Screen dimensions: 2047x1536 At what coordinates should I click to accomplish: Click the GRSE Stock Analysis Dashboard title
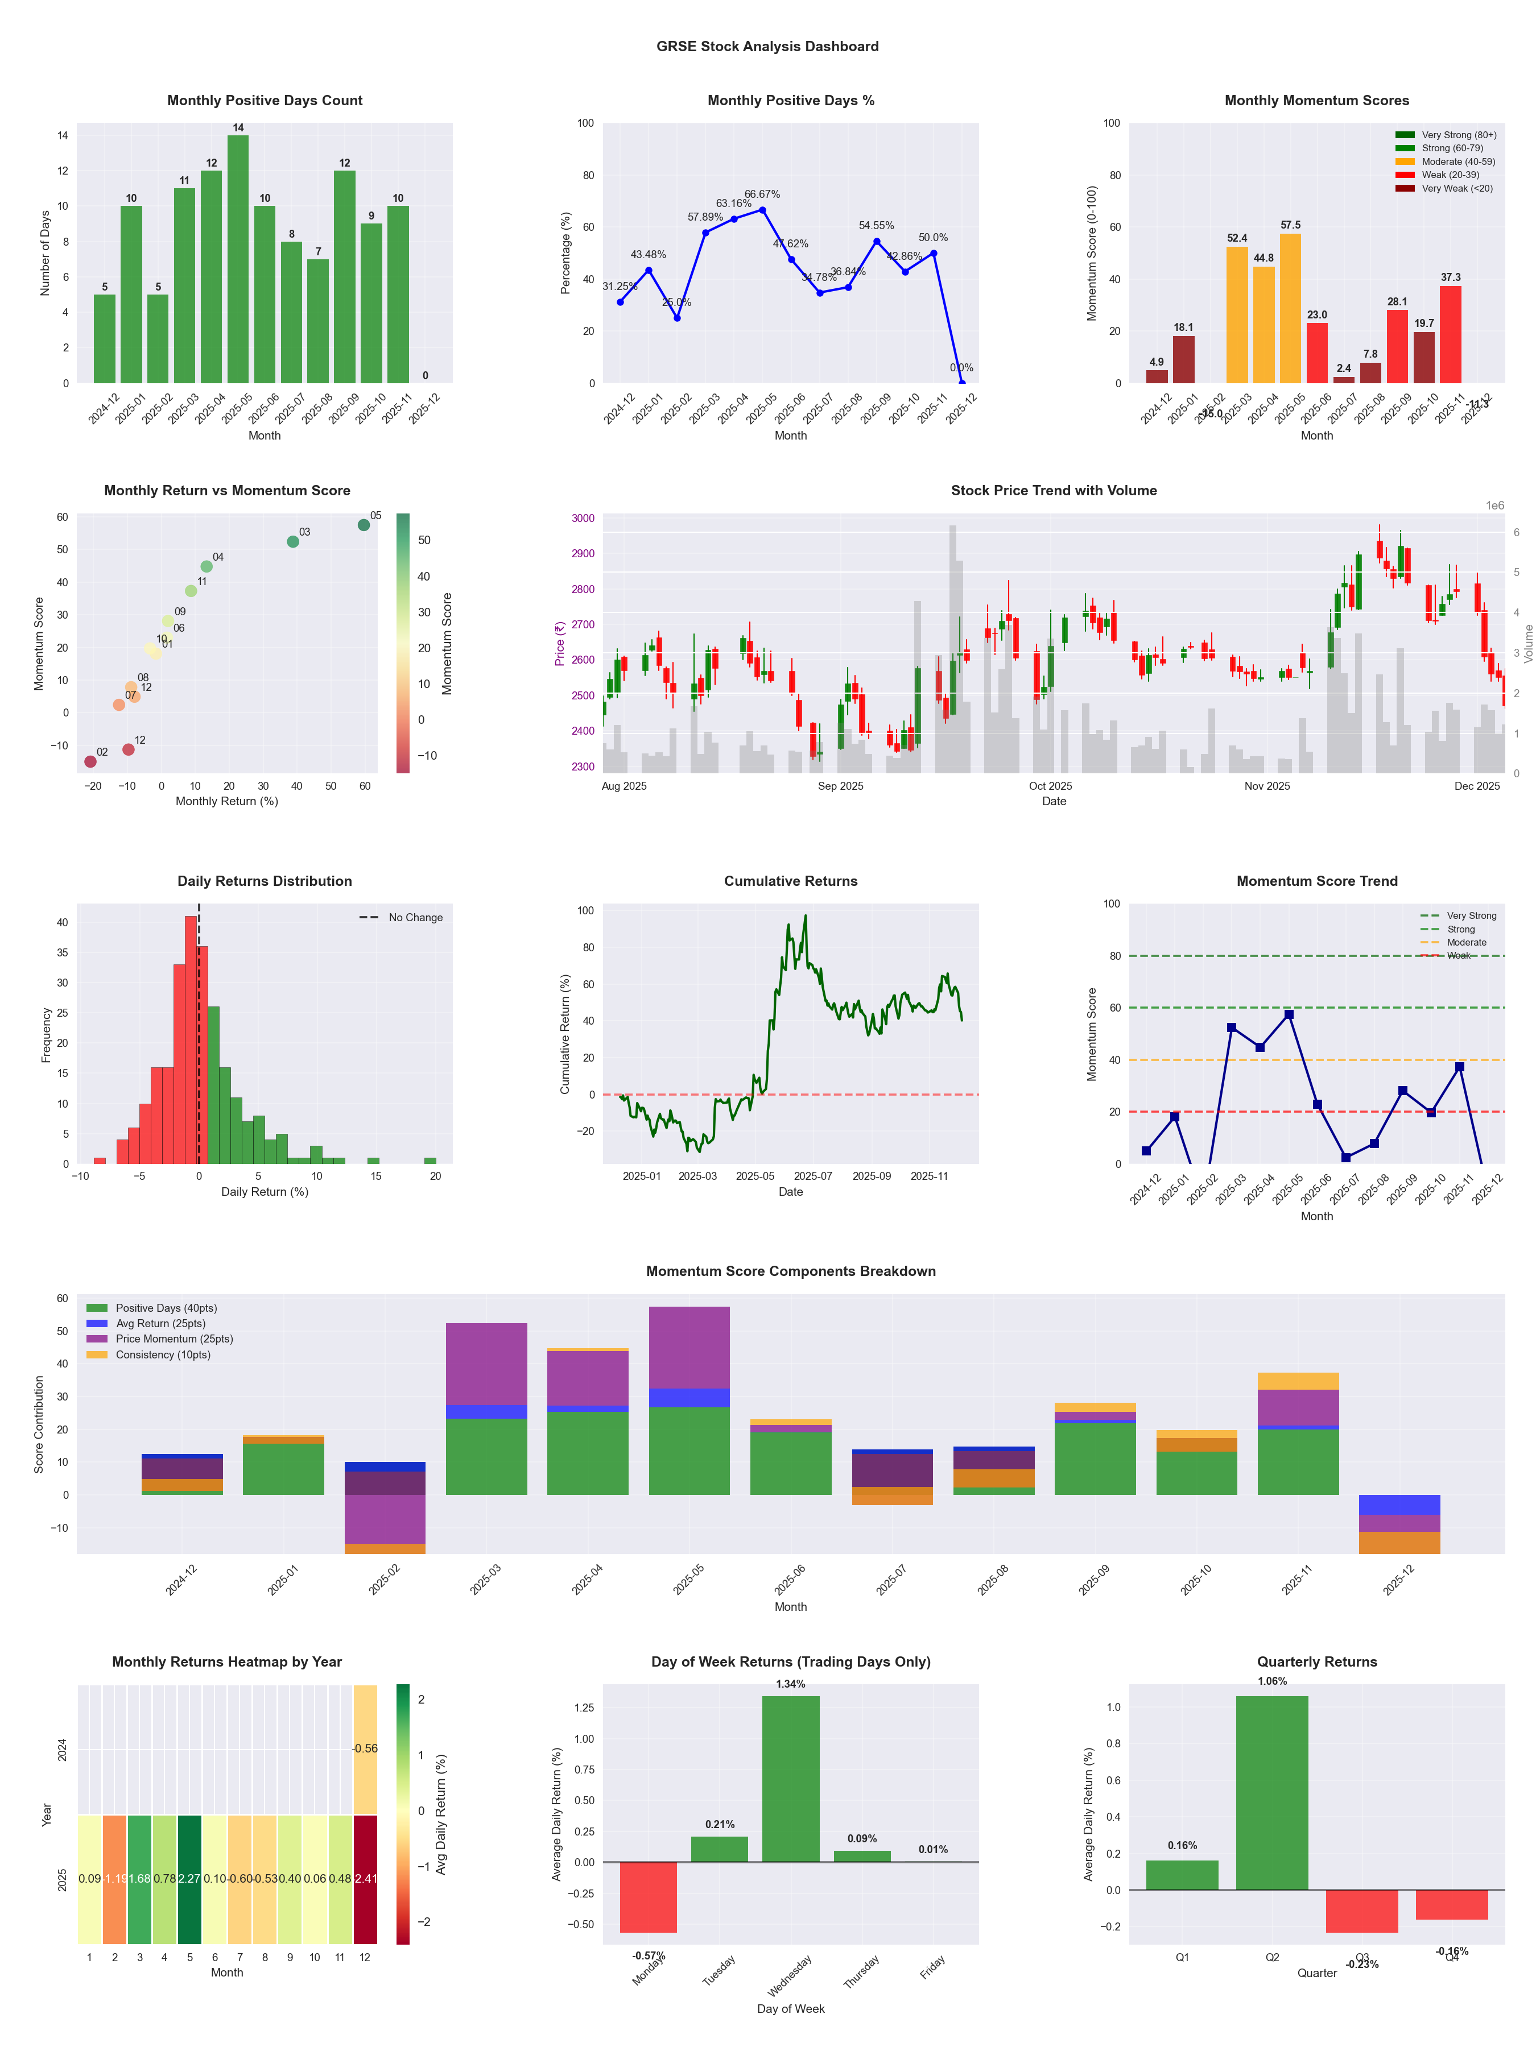767,46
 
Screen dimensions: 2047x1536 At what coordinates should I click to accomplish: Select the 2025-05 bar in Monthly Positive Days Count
238,259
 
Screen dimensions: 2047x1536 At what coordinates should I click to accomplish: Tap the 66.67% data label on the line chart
762,194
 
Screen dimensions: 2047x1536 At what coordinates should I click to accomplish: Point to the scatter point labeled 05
364,525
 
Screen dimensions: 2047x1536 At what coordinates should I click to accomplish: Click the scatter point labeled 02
90,761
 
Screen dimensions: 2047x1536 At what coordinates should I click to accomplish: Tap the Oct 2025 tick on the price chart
1050,786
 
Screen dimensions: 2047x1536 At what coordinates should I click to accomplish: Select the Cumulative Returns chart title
791,881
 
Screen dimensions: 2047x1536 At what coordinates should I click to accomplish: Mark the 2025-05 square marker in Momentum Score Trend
1289,1015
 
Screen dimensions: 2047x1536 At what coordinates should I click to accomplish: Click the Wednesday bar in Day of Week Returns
791,1779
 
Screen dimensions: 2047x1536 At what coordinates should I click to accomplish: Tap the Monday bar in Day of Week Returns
648,1897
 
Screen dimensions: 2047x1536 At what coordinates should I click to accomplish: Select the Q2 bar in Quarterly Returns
1272,1792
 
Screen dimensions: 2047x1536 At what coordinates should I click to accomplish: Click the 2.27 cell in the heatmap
190,1879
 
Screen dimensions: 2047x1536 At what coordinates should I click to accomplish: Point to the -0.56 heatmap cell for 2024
365,1749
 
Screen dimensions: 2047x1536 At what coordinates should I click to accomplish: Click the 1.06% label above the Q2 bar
1272,1681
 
